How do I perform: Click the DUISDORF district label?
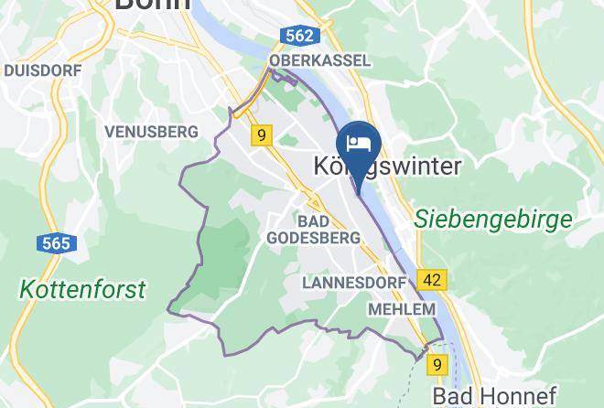[43, 70]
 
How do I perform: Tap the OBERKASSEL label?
[320, 60]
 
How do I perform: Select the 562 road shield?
[299, 37]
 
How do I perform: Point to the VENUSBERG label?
[151, 132]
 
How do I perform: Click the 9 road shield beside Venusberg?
[262, 136]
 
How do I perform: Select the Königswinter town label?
[387, 166]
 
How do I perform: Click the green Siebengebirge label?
[492, 220]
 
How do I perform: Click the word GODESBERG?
[313, 238]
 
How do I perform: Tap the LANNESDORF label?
[353, 283]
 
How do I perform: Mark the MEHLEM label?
[401, 309]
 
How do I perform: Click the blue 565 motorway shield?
[56, 244]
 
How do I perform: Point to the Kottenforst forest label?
[83, 290]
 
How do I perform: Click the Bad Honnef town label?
[494, 395]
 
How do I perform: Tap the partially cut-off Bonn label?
[152, 5]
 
